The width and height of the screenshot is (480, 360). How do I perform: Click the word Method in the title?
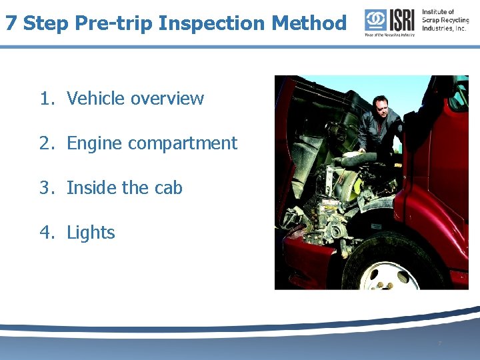pyautogui.click(x=309, y=23)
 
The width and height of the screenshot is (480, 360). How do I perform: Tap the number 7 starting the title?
pyautogui.click(x=11, y=23)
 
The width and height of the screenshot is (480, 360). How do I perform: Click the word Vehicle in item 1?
pyautogui.click(x=96, y=99)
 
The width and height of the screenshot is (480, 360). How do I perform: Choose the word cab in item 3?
pyautogui.click(x=168, y=188)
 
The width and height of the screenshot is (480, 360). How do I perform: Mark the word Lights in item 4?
pyautogui.click(x=91, y=233)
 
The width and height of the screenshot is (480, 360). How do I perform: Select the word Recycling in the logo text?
pyautogui.click(x=454, y=20)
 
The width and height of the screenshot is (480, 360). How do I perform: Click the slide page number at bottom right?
pyautogui.click(x=439, y=344)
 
